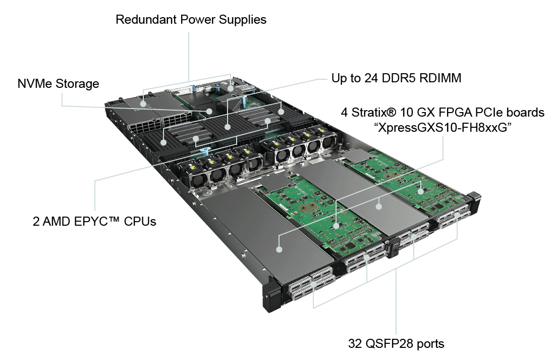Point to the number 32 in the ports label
pos(355,344)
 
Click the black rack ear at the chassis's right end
pos(474,201)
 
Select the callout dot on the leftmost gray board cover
pos(279,248)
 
